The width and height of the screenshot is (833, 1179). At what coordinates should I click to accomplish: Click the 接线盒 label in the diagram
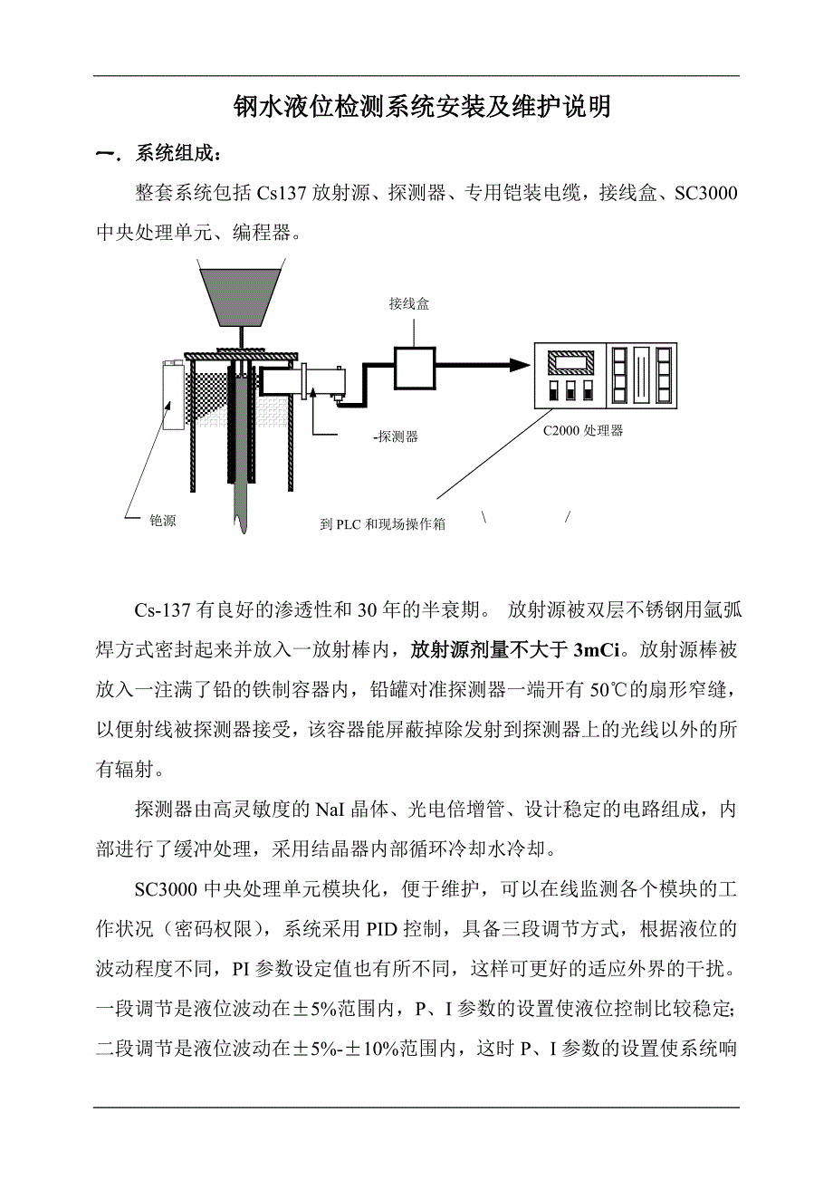[x=409, y=304]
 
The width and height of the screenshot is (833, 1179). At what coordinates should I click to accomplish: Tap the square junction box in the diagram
[x=414, y=367]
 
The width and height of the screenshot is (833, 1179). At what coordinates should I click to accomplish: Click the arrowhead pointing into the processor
[x=518, y=364]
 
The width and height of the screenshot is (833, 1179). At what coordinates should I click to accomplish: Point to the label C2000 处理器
[x=583, y=431]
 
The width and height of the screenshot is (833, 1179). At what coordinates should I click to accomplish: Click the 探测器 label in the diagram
[x=397, y=436]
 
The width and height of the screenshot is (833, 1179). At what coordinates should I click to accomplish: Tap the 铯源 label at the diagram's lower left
[x=163, y=521]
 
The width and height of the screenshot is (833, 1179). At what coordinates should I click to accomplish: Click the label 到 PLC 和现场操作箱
[x=383, y=524]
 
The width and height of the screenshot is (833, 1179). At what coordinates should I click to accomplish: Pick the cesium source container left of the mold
[x=172, y=395]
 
